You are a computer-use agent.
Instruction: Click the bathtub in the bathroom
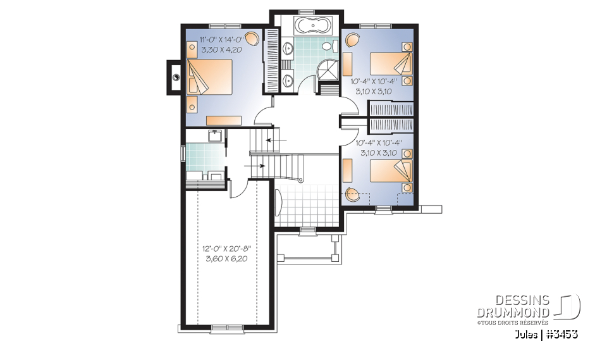(x=313, y=26)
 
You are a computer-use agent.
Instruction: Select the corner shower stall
(x=328, y=70)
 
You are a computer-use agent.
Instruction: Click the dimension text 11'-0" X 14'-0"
(x=221, y=39)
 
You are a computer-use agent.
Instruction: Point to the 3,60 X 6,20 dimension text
(x=226, y=259)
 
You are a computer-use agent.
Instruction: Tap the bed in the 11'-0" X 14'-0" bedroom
(x=209, y=77)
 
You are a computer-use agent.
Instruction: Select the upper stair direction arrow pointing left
(x=277, y=139)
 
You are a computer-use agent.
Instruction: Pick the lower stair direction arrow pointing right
(x=254, y=166)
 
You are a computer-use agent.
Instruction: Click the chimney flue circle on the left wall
(x=176, y=77)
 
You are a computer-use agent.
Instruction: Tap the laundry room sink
(x=214, y=136)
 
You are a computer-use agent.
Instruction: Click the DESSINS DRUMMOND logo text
(x=513, y=306)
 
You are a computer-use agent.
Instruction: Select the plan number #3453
(x=562, y=334)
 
